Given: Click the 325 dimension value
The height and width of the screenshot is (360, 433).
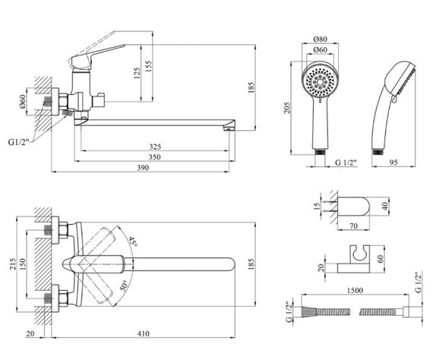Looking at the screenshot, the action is point(155,147).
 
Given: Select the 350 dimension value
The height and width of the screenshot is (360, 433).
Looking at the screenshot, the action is point(155,157).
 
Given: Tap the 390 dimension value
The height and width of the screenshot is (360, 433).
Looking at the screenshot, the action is point(143,168).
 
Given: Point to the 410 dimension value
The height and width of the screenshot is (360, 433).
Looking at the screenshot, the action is point(144,333).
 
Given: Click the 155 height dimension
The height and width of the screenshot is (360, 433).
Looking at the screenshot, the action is point(148,67).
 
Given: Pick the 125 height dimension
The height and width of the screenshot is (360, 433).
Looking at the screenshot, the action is point(137,73).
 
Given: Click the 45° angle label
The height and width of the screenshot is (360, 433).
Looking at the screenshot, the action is point(133,242).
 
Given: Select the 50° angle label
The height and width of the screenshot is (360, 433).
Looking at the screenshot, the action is point(124,286).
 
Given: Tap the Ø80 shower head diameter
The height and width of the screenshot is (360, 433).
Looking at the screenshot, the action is point(321,39).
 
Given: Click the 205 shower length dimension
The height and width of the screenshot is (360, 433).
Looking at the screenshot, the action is point(287,108).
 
